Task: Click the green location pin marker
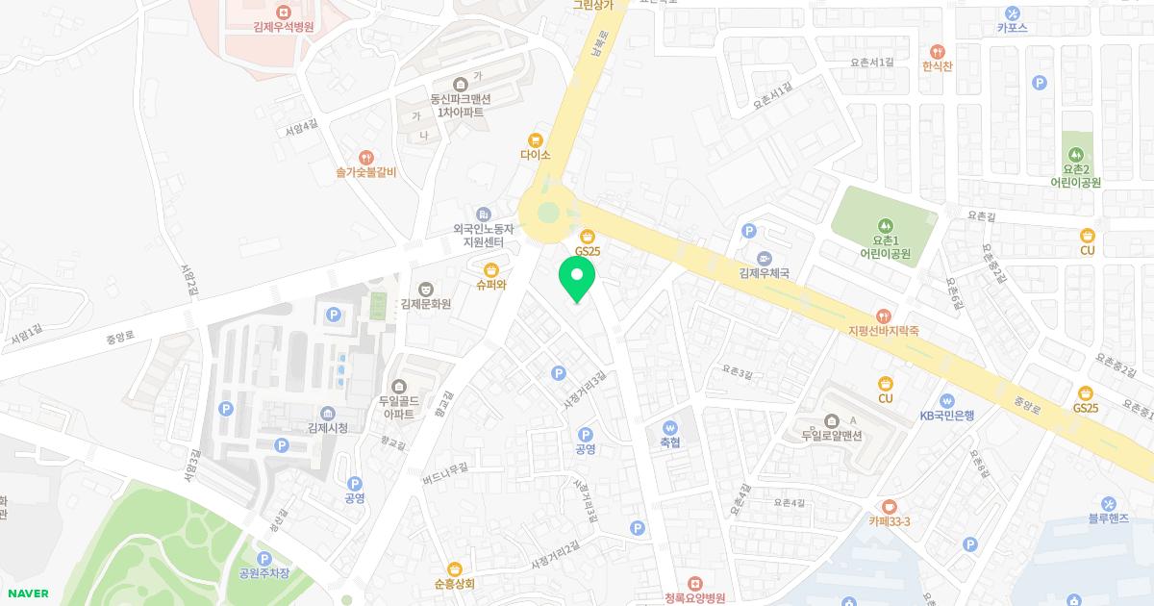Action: pyautogui.click(x=577, y=280)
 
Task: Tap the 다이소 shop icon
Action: pyautogui.click(x=536, y=139)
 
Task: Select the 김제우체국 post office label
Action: pyautogui.click(x=764, y=273)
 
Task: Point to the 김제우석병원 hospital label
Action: pyautogui.click(x=283, y=28)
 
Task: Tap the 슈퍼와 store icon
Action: pyautogui.click(x=490, y=269)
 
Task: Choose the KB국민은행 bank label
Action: pyautogui.click(x=946, y=416)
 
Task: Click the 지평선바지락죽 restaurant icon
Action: pyautogui.click(x=884, y=316)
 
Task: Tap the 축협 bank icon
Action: pyautogui.click(x=670, y=427)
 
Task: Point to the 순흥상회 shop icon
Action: pyautogui.click(x=455, y=568)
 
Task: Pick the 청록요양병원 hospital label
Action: pyautogui.click(x=694, y=597)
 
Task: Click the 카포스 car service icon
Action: pyautogui.click(x=1013, y=13)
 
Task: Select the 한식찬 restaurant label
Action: pyautogui.click(x=937, y=66)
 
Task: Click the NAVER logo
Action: pyautogui.click(x=27, y=593)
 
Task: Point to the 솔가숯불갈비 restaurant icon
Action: pyautogui.click(x=365, y=158)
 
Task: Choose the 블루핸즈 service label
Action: pyautogui.click(x=1109, y=518)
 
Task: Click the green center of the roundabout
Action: pyautogui.click(x=547, y=213)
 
